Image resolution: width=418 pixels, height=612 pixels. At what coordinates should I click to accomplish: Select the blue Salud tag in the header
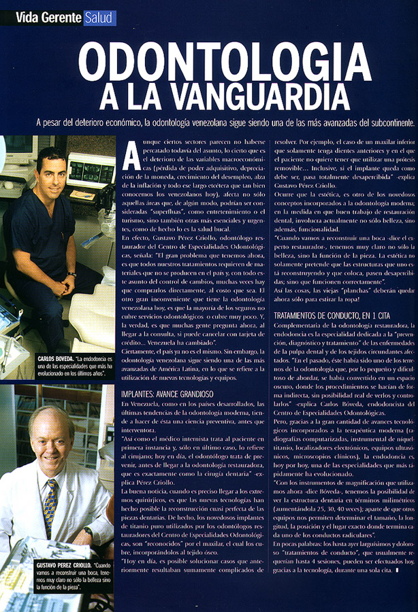pos(100,18)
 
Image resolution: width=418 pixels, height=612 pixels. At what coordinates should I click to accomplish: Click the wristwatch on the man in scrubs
pos(70,274)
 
